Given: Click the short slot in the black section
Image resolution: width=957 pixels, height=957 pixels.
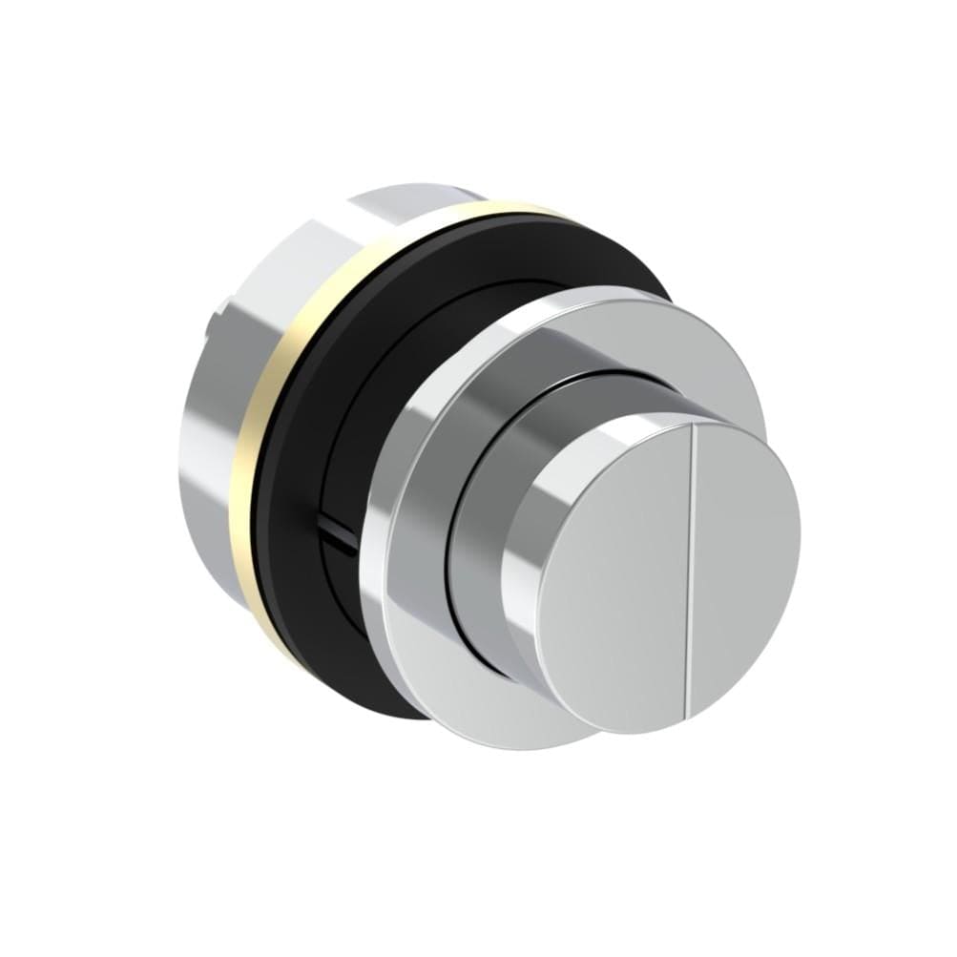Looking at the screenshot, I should [338, 531].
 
